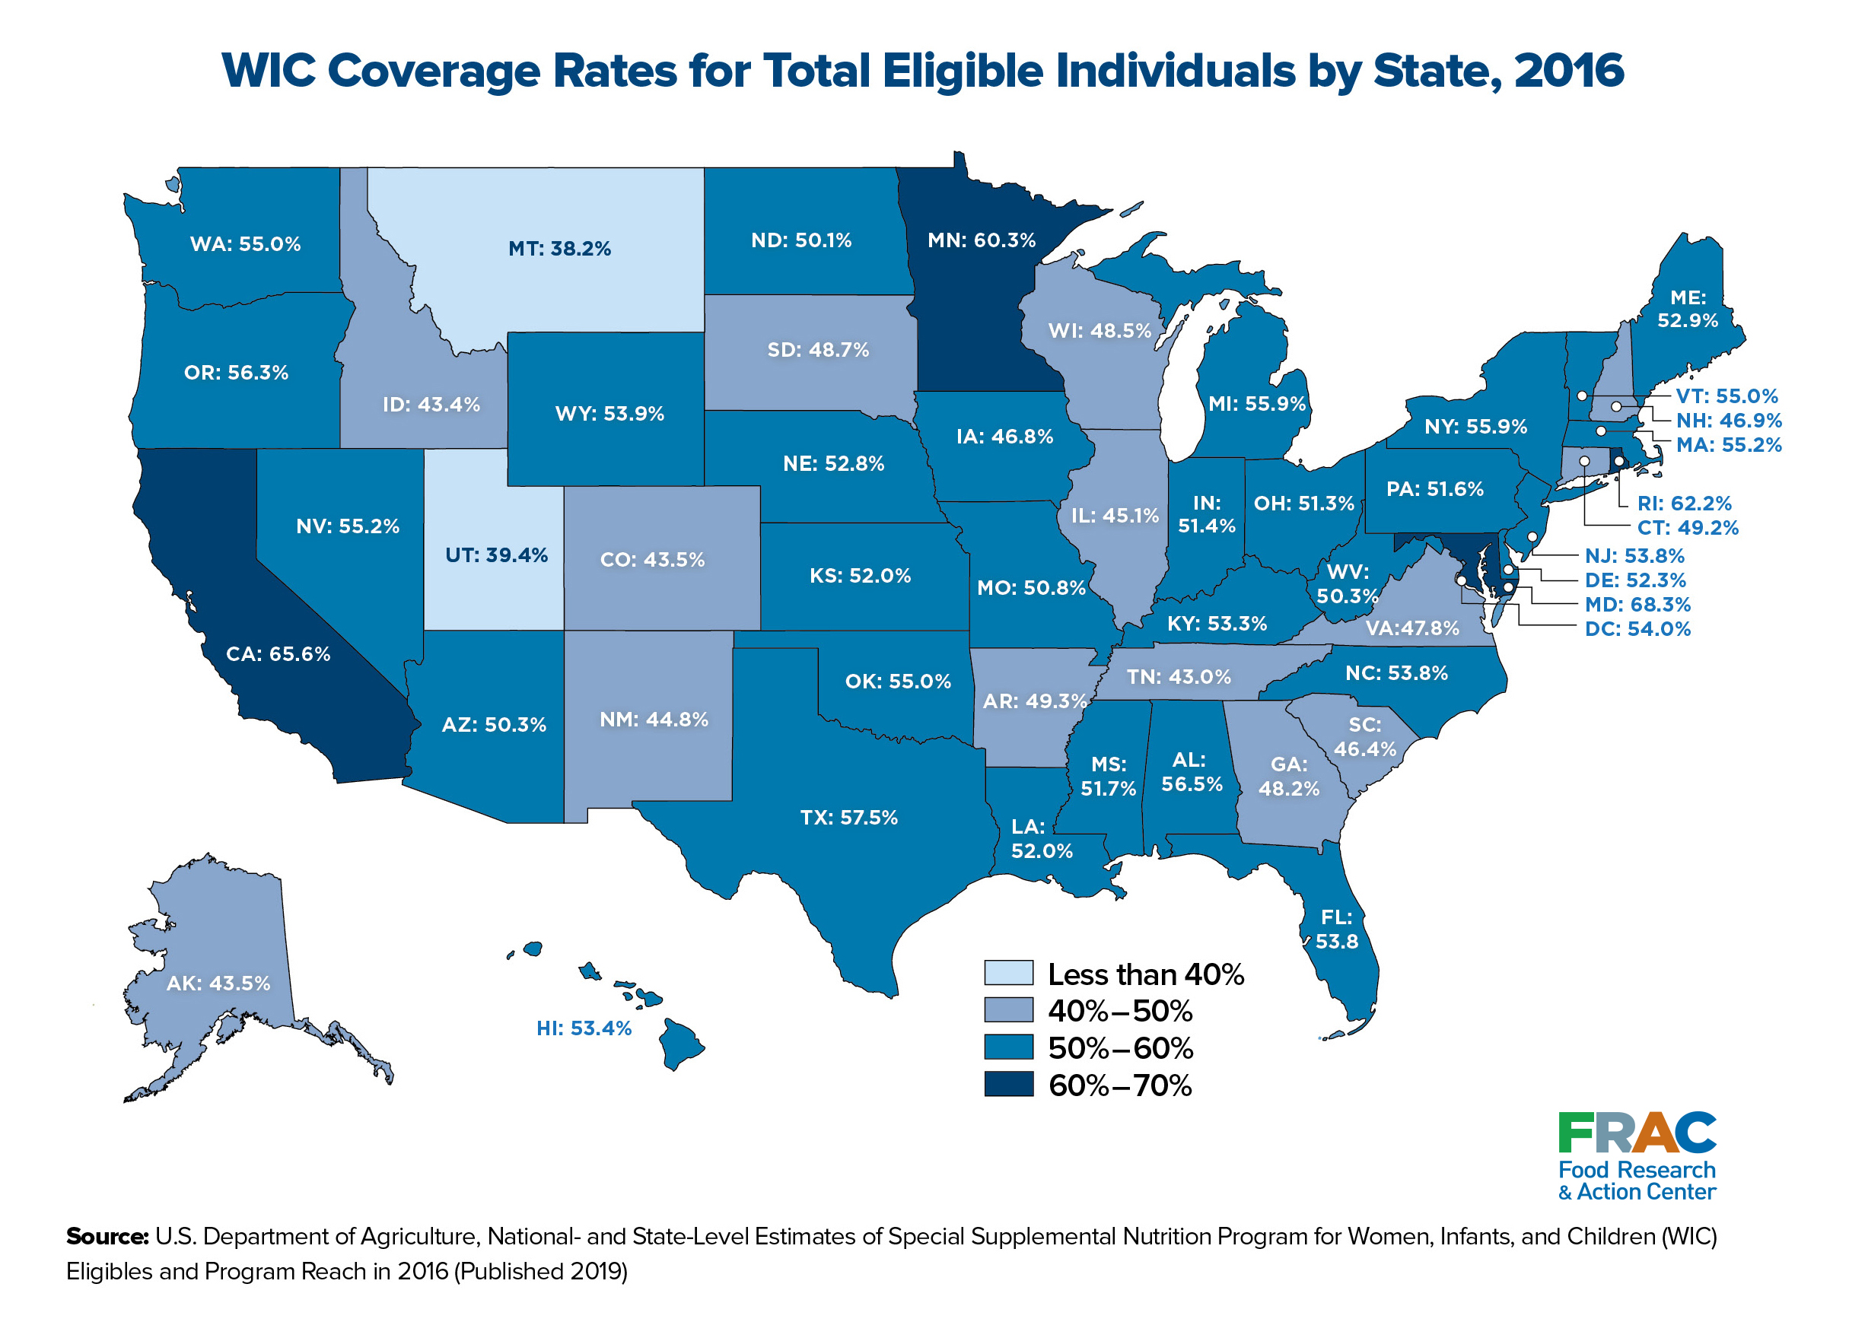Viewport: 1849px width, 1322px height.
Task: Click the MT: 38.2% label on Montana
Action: coord(559,248)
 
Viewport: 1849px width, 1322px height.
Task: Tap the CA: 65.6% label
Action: coord(278,653)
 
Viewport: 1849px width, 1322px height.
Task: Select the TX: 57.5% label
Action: coord(849,817)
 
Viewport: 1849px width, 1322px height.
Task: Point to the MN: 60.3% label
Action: coord(982,240)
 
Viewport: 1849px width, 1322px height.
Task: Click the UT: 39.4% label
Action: coord(497,555)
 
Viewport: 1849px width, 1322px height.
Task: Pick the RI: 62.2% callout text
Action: coord(1685,503)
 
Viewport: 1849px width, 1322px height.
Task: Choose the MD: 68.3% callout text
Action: coord(1637,605)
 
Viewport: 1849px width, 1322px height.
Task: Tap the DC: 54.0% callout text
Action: coord(1637,629)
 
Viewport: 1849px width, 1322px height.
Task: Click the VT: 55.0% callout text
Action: coord(1726,396)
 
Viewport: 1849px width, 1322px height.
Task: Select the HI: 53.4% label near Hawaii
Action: coord(584,1028)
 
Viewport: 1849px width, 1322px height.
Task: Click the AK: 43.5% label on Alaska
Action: coord(218,984)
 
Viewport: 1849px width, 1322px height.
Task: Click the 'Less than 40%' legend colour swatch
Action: coord(1009,973)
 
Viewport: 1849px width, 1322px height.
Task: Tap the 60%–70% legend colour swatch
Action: coord(1009,1085)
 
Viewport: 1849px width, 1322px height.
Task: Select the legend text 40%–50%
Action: coord(1120,1011)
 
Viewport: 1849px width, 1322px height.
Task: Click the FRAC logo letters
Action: coord(1637,1133)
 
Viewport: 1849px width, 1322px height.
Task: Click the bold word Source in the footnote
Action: coord(107,1237)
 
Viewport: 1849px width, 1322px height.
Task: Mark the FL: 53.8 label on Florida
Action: coord(1337,930)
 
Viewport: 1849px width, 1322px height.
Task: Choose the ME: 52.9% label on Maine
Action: coord(1688,310)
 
